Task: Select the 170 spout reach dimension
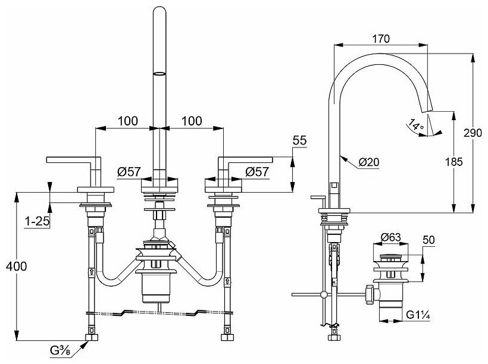pyautogui.click(x=380, y=39)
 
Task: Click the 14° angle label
pyautogui.click(x=417, y=126)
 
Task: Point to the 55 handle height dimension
pyautogui.click(x=300, y=142)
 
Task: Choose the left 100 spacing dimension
pyautogui.click(x=128, y=121)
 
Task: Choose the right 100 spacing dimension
pyautogui.click(x=190, y=121)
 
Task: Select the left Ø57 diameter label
pyautogui.click(x=129, y=172)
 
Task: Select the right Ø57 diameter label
pyautogui.click(x=257, y=172)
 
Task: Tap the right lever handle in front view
pyautogui.click(x=245, y=159)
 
